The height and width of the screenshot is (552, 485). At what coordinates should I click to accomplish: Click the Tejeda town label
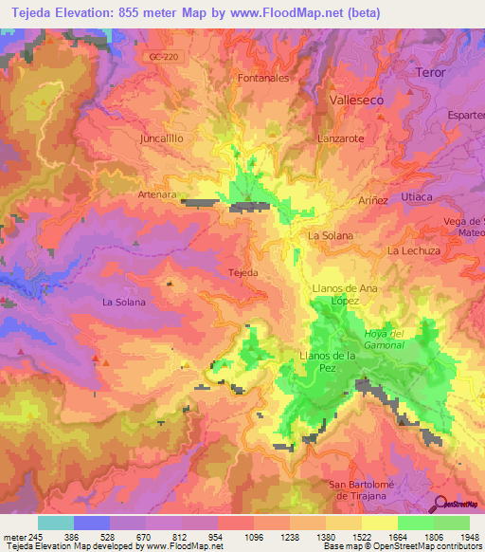(243, 272)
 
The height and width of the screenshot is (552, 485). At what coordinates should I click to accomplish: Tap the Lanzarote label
(340, 138)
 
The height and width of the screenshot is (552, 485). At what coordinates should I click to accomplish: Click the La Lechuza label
(414, 250)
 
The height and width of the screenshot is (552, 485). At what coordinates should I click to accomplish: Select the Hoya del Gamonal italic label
(385, 339)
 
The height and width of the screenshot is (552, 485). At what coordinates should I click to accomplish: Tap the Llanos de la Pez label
(327, 356)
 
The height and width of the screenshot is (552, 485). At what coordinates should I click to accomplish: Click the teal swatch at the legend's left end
(55, 523)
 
